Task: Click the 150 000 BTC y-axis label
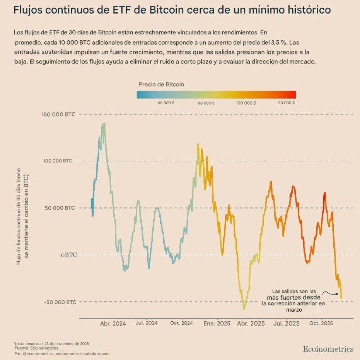pos(58,114)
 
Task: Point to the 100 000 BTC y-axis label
pos(58,161)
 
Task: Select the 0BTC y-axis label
pos(68,255)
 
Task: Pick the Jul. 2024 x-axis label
pos(147,323)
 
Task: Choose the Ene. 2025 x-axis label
pos(217,324)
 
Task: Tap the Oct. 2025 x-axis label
pos(321,323)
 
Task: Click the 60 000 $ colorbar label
pos(166,103)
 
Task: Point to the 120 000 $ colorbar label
pos(286,103)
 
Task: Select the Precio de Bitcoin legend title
pos(161,84)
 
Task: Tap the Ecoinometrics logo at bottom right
pos(328,349)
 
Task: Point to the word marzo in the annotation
pos(294,310)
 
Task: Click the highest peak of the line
pos(103,124)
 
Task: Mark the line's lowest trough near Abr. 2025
pos(244,309)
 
